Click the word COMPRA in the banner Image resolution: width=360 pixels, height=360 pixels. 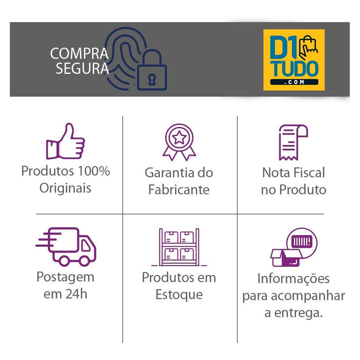(x=79, y=53)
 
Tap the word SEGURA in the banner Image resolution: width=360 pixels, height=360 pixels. (x=82, y=69)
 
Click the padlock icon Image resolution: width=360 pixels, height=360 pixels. (x=152, y=70)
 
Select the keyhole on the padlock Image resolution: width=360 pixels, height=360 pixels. (x=152, y=79)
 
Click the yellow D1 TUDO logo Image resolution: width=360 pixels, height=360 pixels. (x=294, y=60)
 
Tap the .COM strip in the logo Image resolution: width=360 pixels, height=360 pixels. (x=294, y=82)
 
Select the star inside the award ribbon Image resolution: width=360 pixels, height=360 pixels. (x=179, y=138)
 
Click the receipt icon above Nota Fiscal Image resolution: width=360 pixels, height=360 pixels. (x=293, y=142)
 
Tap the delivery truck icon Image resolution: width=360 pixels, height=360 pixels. (x=66, y=247)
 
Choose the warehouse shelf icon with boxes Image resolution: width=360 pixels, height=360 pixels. (x=179, y=247)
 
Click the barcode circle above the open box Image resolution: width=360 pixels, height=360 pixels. (x=302, y=243)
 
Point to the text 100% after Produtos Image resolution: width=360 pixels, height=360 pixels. (x=94, y=171)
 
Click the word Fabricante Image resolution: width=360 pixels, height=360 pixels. (x=179, y=189)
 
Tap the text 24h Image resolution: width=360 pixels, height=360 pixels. (x=76, y=294)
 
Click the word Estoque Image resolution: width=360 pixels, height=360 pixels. (x=179, y=295)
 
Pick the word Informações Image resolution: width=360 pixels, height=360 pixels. (x=294, y=279)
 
